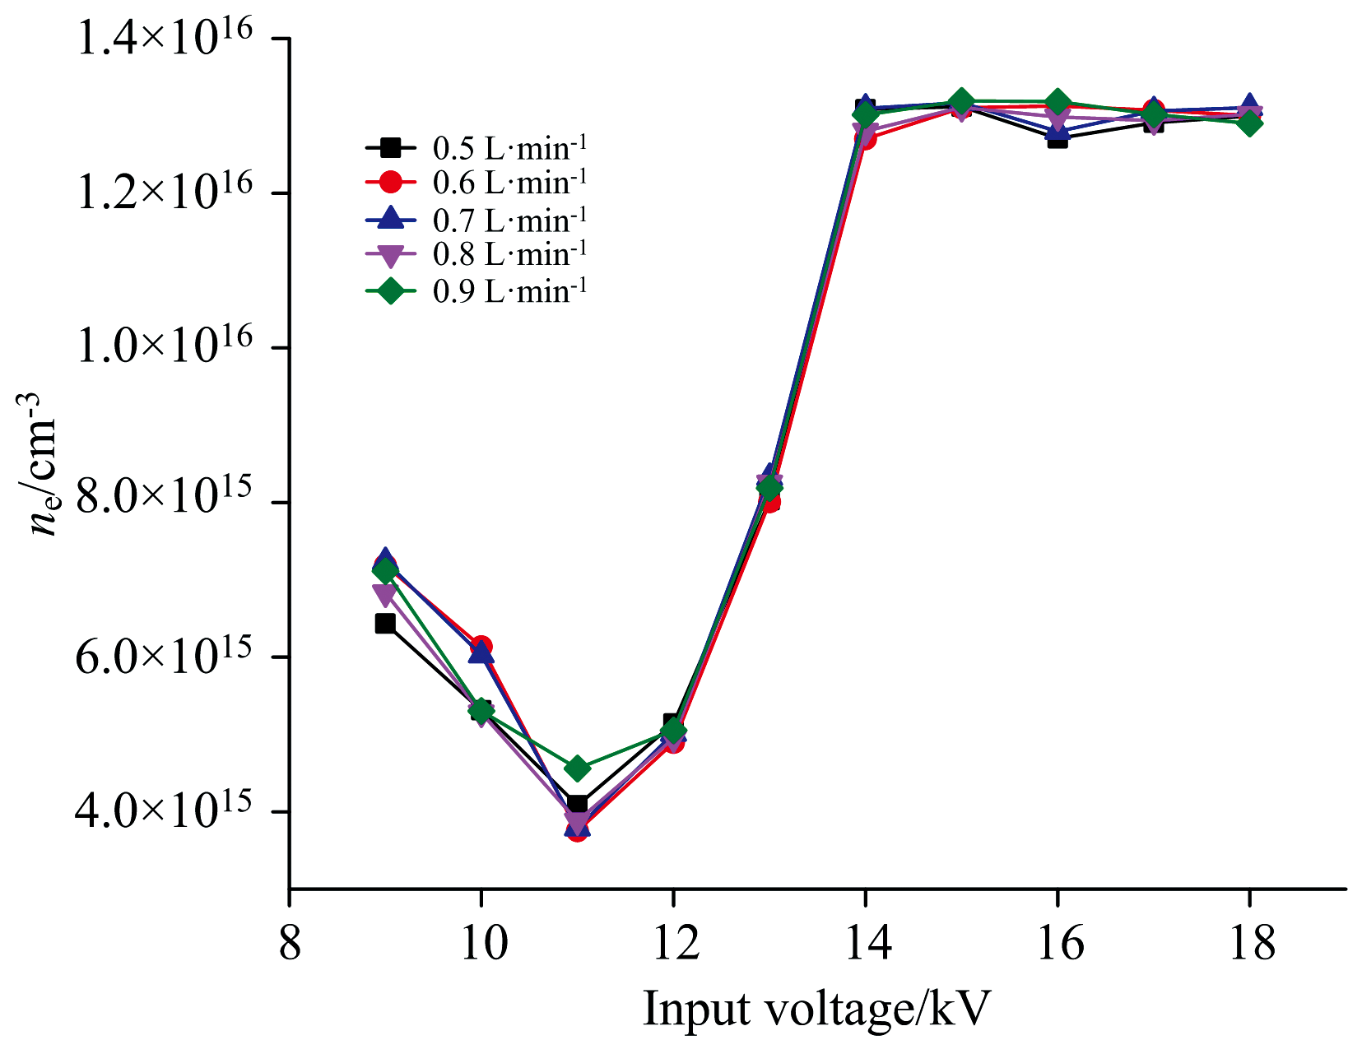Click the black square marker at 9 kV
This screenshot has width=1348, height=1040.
(x=385, y=623)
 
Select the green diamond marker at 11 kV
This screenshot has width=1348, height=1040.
(x=577, y=768)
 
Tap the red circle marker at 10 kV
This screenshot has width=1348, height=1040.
(x=481, y=646)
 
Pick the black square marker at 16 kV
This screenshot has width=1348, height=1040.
(x=1057, y=138)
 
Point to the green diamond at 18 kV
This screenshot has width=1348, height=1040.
(x=1249, y=123)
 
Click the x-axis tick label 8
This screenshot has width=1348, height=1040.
(x=290, y=944)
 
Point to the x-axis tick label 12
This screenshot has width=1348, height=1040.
(x=673, y=944)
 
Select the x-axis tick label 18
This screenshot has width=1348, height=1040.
(x=1249, y=944)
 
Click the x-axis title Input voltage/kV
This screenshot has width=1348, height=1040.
(x=816, y=1009)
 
